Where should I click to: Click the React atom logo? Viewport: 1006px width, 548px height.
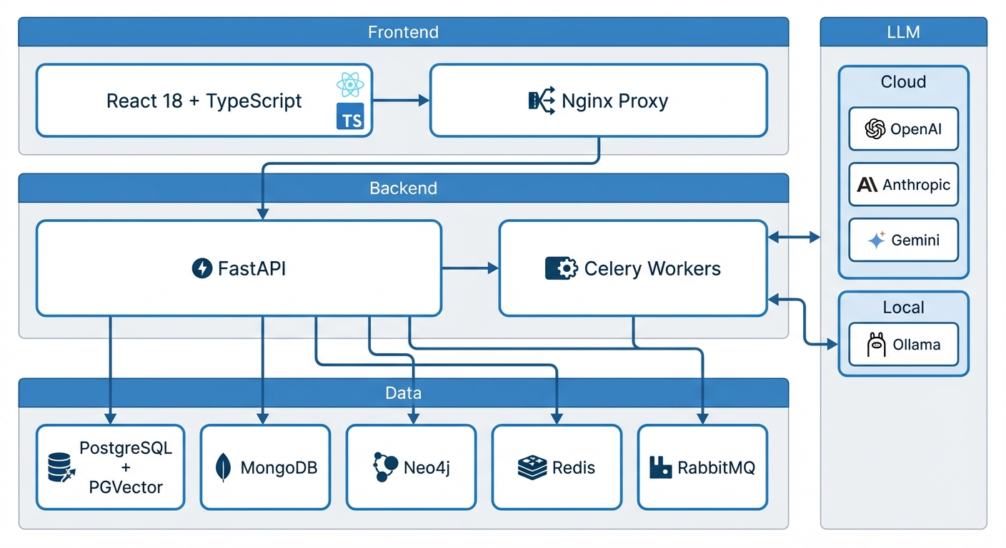(350, 84)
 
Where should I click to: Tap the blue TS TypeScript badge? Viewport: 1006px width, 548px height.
(350, 116)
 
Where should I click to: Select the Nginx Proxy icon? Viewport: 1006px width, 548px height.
(542, 101)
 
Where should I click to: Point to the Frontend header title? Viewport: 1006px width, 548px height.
(403, 32)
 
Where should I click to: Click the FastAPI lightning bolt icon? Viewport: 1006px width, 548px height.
(202, 268)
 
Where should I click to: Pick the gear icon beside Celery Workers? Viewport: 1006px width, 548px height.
(562, 268)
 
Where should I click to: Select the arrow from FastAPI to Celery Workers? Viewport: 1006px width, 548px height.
(470, 268)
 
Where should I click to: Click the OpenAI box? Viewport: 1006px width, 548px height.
(904, 128)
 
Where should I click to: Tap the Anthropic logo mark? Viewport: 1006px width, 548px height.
(867, 184)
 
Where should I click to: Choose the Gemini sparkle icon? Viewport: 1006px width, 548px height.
(876, 240)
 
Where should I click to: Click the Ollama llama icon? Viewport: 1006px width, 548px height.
(876, 345)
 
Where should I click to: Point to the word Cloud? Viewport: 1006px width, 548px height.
(903, 81)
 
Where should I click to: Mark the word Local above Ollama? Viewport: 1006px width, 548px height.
(903, 308)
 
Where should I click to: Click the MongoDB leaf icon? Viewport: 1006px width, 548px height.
(223, 467)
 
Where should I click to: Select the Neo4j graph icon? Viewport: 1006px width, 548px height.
(385, 467)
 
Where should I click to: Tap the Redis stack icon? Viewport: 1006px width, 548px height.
(532, 468)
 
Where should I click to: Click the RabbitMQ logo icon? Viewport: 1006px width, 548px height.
(661, 468)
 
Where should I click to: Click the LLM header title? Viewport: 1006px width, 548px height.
(903, 32)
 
